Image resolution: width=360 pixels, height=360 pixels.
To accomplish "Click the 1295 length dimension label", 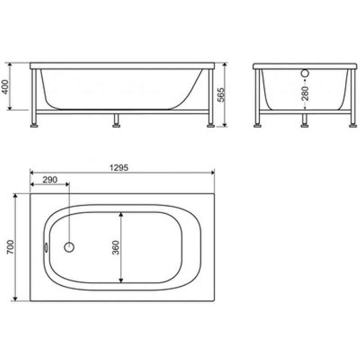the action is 119,168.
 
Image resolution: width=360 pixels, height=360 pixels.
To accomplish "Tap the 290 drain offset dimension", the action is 50,180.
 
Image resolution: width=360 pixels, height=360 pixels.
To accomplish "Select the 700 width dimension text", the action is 10,247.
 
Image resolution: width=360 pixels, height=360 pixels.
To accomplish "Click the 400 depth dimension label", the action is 5,87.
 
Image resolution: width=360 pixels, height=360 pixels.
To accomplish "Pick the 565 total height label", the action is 221,94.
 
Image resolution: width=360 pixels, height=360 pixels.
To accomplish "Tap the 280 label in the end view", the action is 305,94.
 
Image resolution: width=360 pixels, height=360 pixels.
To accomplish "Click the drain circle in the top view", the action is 69,247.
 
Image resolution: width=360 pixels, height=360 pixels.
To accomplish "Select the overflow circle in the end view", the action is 305,73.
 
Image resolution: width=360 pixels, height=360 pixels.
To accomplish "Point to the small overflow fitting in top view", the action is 46,247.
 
